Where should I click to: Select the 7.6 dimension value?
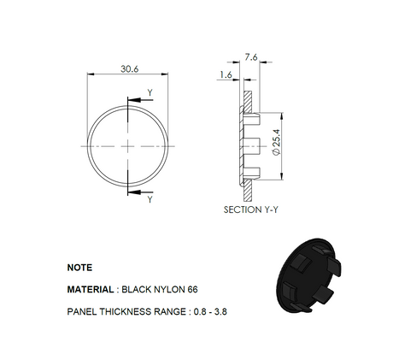(x=250, y=56)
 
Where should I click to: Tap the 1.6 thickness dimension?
(x=225, y=75)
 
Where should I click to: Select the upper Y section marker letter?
(x=150, y=92)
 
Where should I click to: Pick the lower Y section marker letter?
(x=150, y=199)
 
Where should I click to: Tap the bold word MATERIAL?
(x=91, y=290)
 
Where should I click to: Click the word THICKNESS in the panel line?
(x=133, y=312)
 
